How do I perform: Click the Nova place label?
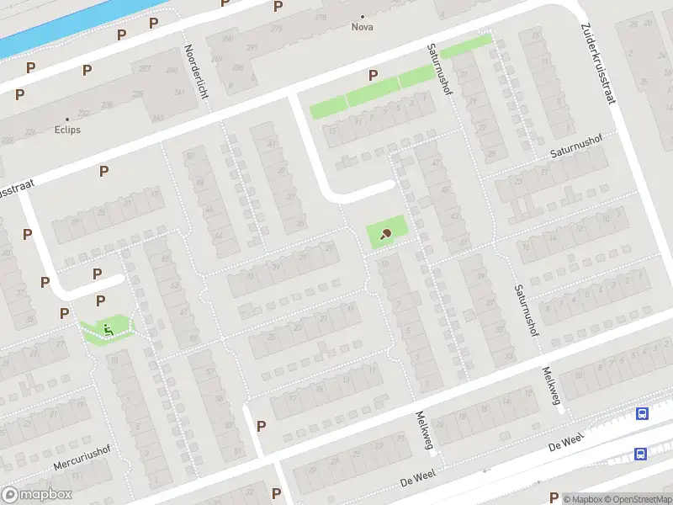click(363, 27)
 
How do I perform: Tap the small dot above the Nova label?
click(363, 16)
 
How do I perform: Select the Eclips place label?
click(67, 130)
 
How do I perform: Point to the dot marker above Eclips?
click(67, 120)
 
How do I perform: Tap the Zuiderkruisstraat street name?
click(597, 63)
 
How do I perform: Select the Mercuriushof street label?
click(82, 452)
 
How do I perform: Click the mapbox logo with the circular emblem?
click(37, 495)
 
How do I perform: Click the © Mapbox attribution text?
click(583, 499)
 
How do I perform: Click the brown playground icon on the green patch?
click(386, 234)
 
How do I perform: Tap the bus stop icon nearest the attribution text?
click(641, 454)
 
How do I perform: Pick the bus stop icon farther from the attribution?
click(642, 413)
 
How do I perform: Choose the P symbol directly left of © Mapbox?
click(554, 497)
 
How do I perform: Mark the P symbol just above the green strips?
click(373, 75)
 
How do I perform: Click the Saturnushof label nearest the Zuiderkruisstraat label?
click(573, 152)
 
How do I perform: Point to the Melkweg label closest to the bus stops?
click(551, 385)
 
